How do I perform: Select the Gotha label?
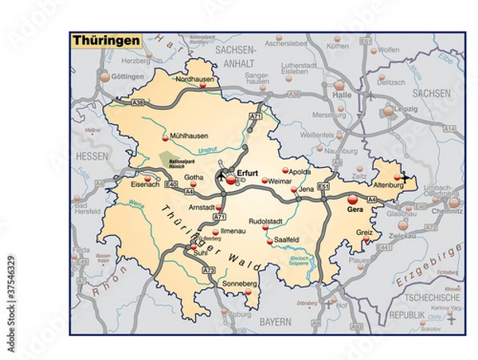(194, 176)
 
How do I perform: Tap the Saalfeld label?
(285, 240)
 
